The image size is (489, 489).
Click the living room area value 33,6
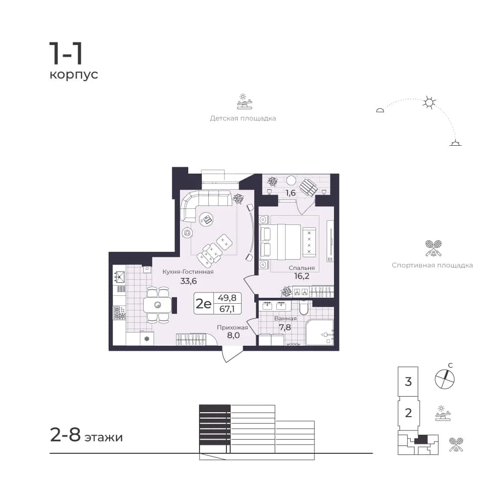pos(188,281)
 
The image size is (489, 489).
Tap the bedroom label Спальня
pos(302,268)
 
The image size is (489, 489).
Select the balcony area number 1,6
pos(290,193)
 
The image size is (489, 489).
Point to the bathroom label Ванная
pos(286,318)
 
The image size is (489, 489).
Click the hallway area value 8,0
pos(233,335)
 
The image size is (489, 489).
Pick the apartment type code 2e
pos(203,303)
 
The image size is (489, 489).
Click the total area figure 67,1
pos(227,309)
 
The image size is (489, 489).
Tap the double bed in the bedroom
pos(280,242)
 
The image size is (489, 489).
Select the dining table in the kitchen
pos(157,305)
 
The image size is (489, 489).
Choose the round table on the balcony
pos(291,180)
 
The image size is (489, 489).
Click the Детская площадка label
pos(243,118)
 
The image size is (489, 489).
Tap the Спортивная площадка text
pos(432,266)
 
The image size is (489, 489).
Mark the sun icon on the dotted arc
pos(429,102)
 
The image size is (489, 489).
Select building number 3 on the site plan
pos(408,381)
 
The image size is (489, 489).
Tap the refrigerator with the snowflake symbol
pos(147,339)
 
